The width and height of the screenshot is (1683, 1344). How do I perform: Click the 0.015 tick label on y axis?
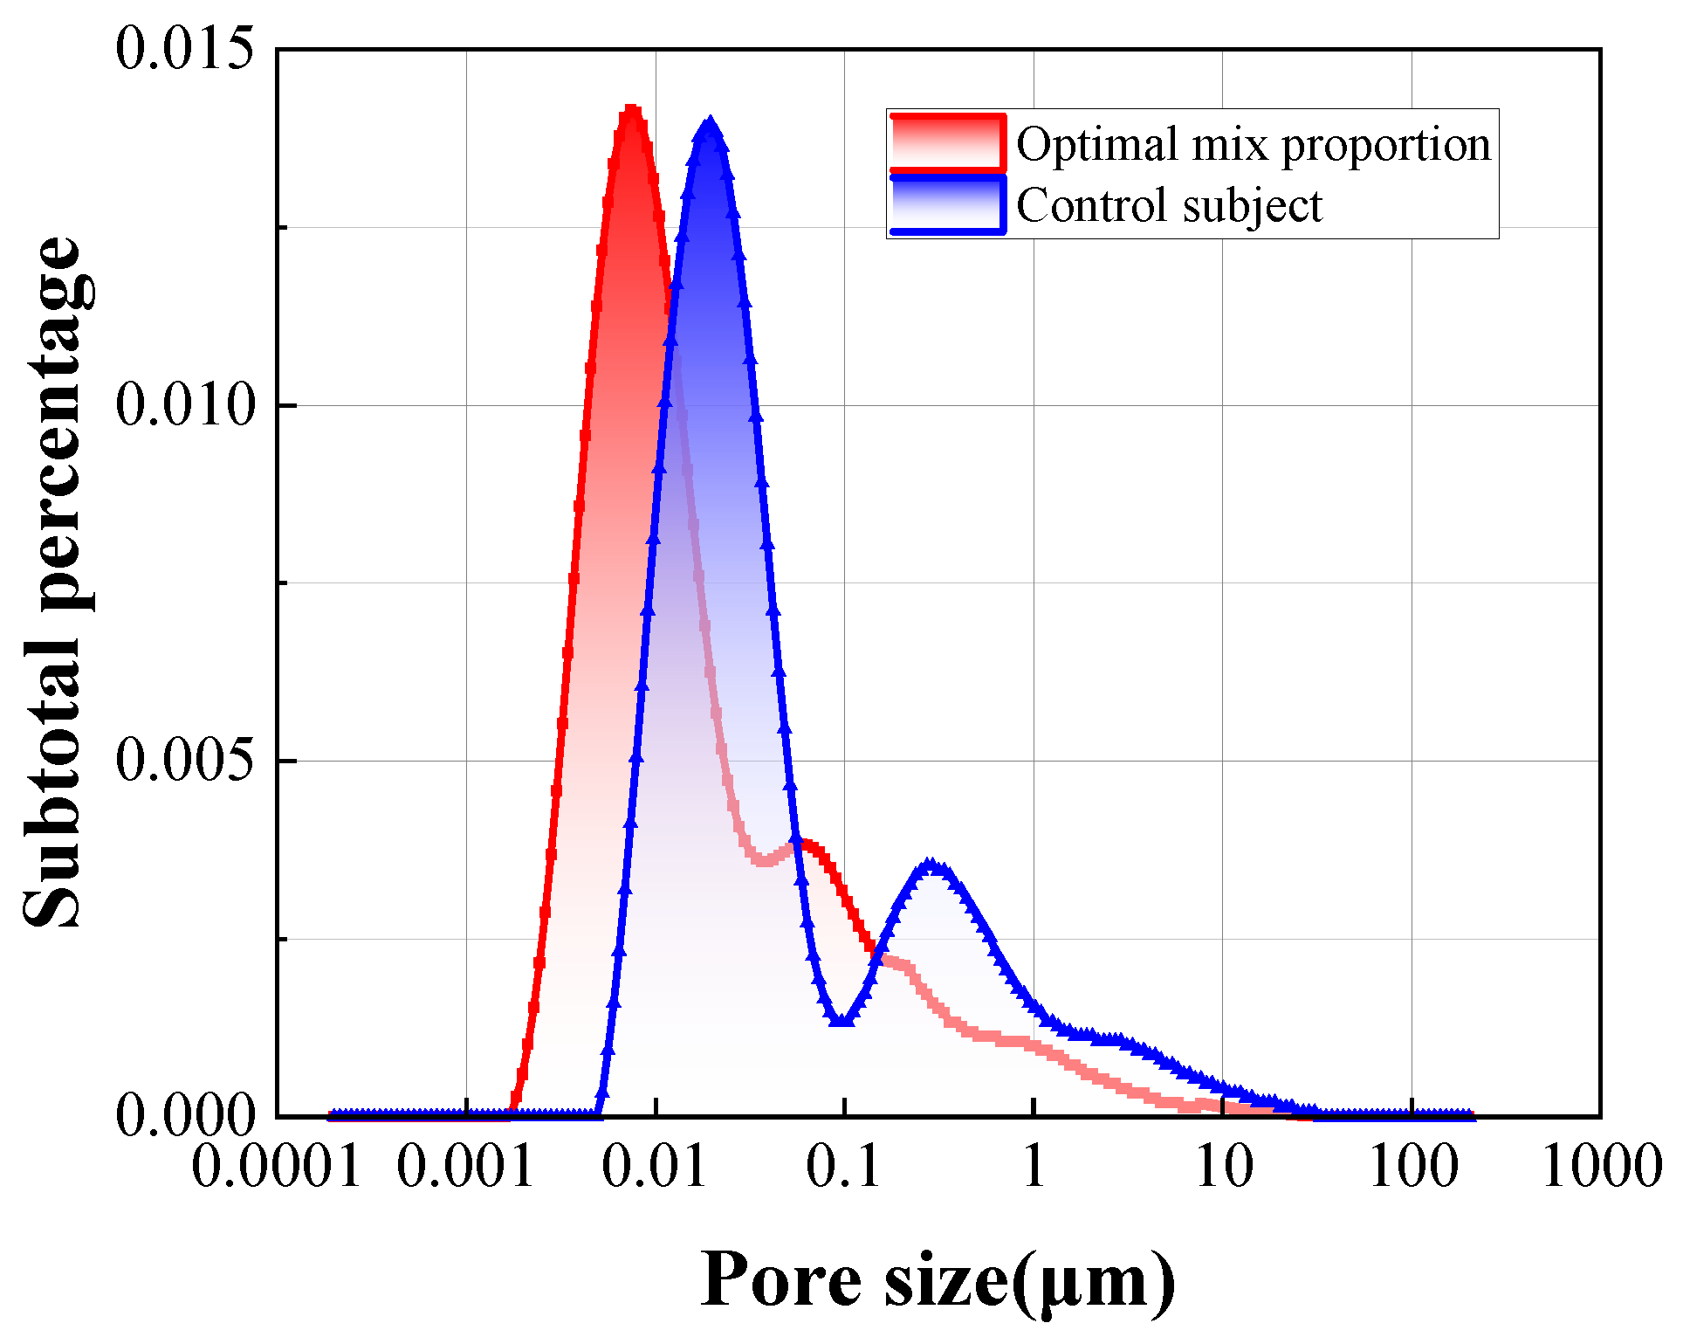pos(184,49)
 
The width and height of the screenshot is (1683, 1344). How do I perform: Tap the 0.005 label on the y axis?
pos(184,761)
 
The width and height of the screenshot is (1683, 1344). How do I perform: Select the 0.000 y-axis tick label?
pos(184,1115)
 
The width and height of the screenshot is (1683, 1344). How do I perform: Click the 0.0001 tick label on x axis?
pos(276,1167)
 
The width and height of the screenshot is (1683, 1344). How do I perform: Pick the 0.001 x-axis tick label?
pos(465,1167)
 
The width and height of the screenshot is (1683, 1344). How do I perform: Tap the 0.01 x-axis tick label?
pos(655,1167)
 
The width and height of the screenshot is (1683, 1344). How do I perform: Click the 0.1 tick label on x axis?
pos(844,1167)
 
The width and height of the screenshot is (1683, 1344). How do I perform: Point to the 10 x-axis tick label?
pos(1223,1167)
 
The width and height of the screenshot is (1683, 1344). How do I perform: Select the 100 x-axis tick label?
pos(1412,1167)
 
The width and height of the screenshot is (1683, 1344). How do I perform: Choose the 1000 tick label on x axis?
pos(1602,1167)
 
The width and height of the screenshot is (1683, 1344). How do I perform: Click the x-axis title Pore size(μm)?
pos(938,1281)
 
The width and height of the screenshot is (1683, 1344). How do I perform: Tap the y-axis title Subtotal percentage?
pos(52,582)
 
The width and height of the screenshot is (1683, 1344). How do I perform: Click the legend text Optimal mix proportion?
pos(1254,144)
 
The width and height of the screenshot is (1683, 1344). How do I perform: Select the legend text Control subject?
pos(1169,206)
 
